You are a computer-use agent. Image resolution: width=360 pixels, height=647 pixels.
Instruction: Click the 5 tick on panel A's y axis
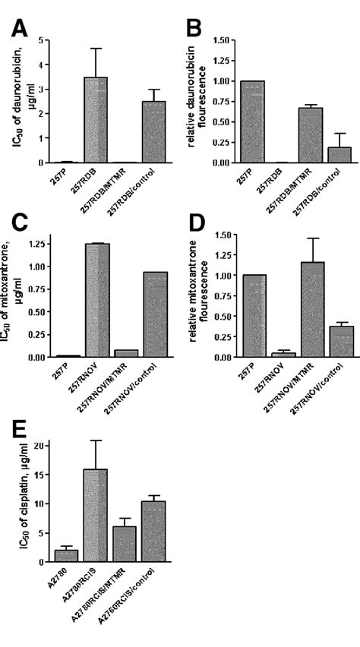coord(44,39)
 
